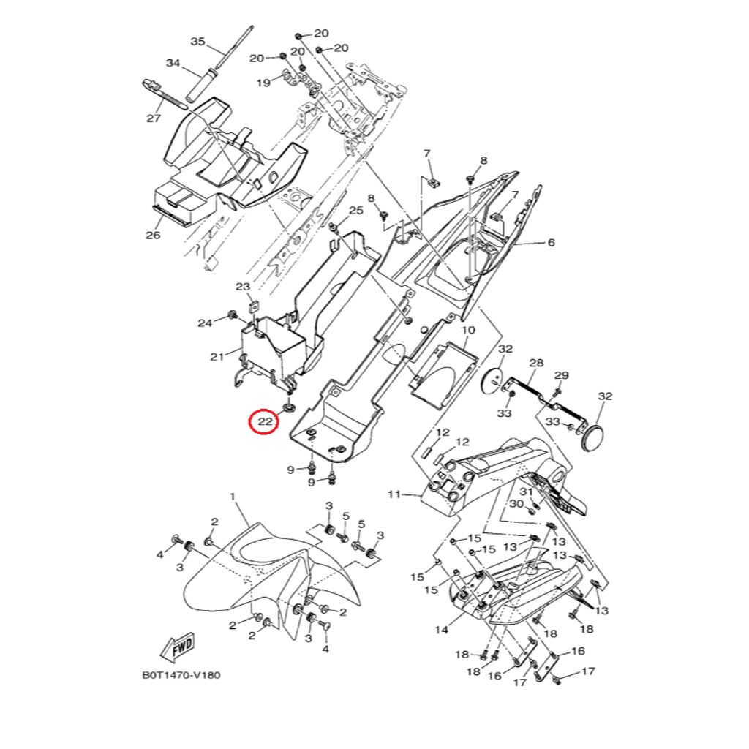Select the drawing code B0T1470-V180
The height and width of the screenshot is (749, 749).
click(x=181, y=675)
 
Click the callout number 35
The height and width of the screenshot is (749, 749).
click(x=198, y=42)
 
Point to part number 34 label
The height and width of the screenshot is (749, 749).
click(x=173, y=64)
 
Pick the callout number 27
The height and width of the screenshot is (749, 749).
click(x=154, y=118)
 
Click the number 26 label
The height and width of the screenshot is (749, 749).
click(x=153, y=235)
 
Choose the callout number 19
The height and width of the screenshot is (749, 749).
click(x=263, y=83)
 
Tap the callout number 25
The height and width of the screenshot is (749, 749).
click(x=355, y=211)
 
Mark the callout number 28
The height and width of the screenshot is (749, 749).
click(x=536, y=364)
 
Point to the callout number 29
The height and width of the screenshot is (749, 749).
click(x=561, y=375)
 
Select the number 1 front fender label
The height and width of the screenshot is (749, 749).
click(x=233, y=497)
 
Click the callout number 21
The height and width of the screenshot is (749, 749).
click(x=217, y=357)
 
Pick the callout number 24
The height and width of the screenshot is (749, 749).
click(x=205, y=323)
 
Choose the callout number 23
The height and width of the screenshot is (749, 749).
click(x=242, y=286)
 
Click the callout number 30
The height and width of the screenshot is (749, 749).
click(x=516, y=504)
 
